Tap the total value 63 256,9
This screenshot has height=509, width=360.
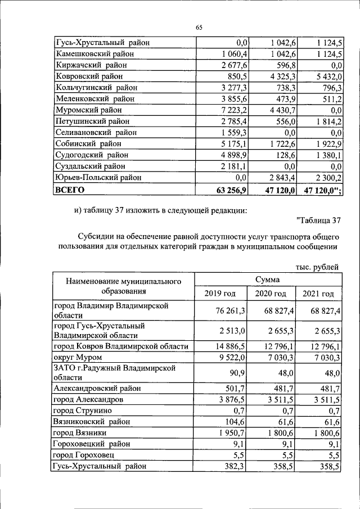point(231,190)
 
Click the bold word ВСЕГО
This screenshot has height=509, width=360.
point(68,190)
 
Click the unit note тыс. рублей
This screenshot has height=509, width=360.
point(317,267)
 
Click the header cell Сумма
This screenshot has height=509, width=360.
point(268,280)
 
